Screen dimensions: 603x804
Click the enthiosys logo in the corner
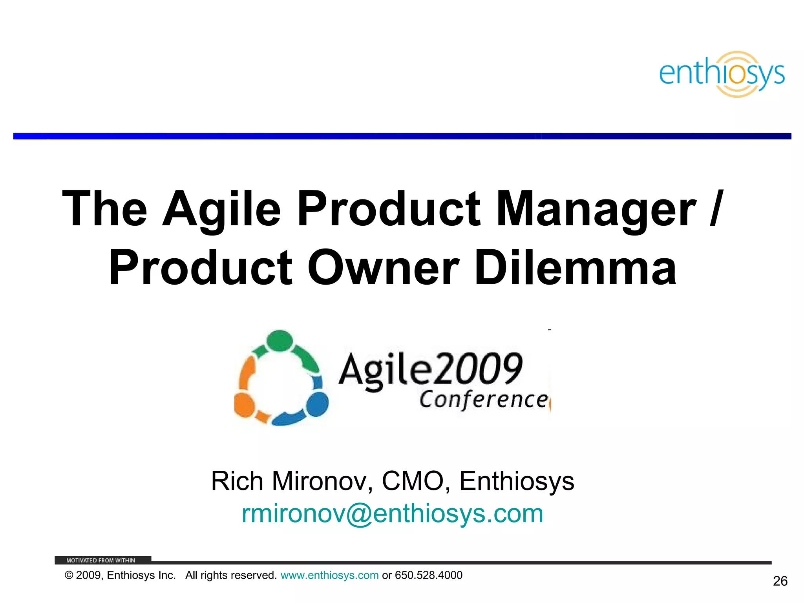point(722,74)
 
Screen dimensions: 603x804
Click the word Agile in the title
point(222,209)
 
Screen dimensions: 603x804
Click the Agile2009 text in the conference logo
point(430,369)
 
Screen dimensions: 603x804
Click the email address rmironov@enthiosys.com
point(393,513)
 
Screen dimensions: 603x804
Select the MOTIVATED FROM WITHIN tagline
point(100,560)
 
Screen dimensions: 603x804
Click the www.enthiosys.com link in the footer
point(329,576)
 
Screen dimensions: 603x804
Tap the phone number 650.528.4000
point(429,576)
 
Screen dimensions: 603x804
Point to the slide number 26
point(780,581)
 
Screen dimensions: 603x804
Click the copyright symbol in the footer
point(69,576)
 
